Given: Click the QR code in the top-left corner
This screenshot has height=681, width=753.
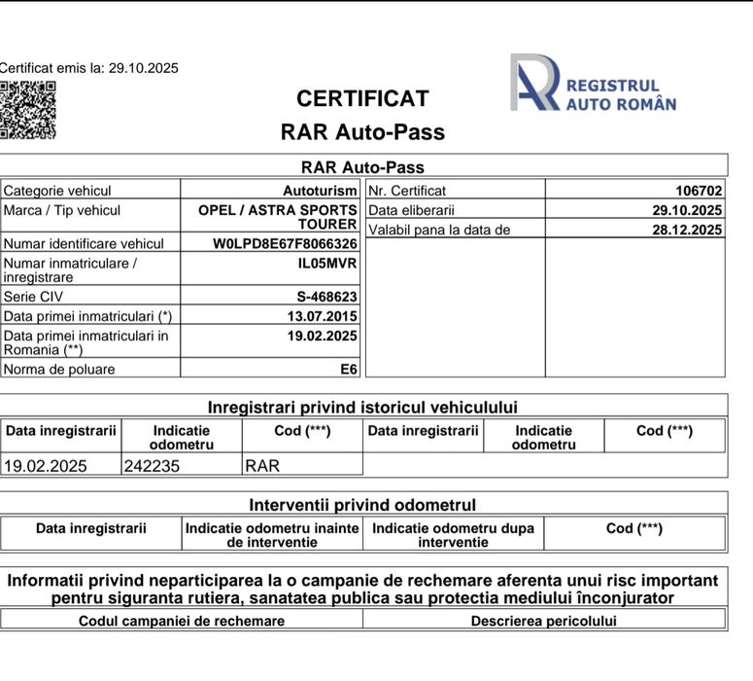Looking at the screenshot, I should tap(27, 109).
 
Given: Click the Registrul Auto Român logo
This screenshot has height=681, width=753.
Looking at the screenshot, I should tap(593, 84).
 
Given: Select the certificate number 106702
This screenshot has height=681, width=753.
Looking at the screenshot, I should tap(699, 191).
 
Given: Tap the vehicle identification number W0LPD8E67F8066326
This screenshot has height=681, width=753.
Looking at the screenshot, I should tap(285, 244).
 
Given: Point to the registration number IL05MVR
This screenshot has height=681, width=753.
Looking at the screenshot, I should tap(327, 263).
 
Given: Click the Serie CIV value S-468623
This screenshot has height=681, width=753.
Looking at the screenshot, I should tap(326, 297).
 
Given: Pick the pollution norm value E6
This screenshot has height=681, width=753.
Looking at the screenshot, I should tap(348, 369).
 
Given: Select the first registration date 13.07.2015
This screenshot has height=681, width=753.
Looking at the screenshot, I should tap(322, 316).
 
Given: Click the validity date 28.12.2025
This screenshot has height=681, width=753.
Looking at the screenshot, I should tap(687, 230).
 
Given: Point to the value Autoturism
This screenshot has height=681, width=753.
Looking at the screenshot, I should tap(320, 191).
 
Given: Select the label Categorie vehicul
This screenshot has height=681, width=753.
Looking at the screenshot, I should tap(57, 191).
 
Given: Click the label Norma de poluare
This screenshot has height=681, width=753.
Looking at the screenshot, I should tap(59, 369).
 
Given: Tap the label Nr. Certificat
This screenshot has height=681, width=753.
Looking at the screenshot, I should tap(408, 191).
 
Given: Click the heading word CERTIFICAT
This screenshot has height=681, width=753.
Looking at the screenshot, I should tap(362, 99).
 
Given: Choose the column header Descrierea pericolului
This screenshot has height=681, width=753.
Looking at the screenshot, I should tap(543, 621).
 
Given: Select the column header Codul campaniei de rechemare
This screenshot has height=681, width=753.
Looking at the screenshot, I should tap(182, 621).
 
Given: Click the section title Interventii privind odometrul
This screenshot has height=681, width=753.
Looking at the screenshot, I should tap(362, 505).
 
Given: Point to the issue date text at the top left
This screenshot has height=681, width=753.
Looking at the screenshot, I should tap(88, 68).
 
